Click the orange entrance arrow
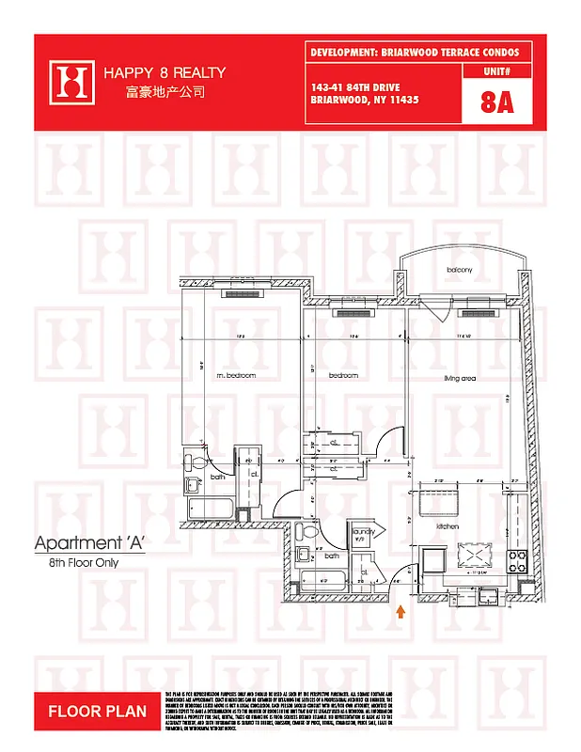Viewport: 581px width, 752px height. pos(401,612)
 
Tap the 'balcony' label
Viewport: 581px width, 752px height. pos(459,270)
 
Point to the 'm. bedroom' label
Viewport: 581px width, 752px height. pos(236,376)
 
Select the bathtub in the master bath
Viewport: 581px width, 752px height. pos(214,509)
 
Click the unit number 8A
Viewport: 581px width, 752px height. pos(496,102)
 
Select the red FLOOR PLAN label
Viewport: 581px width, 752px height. pos(97,712)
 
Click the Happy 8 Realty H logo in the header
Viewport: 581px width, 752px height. pos(71,82)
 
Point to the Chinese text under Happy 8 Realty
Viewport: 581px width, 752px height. pos(164,93)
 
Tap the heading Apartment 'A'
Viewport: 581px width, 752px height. pos(89,543)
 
